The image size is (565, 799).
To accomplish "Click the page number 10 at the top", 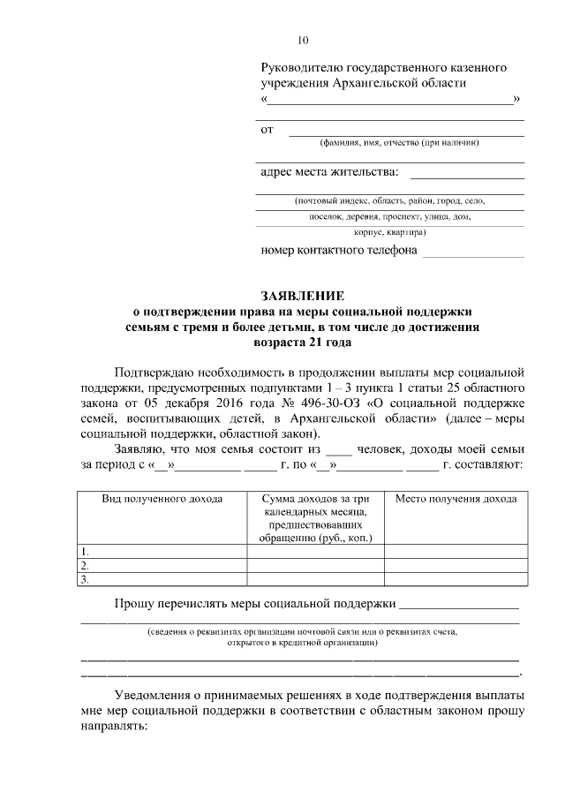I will [x=303, y=40].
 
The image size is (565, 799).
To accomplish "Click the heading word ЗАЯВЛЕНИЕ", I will [x=303, y=295].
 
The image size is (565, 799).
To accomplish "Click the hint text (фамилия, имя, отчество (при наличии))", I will [x=399, y=143].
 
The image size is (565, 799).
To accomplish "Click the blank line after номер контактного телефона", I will [x=473, y=251].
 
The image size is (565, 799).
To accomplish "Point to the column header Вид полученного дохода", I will [x=162, y=499].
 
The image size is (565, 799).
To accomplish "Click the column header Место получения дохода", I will [x=456, y=499].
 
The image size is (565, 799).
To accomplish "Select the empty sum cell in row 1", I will [x=315, y=552].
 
